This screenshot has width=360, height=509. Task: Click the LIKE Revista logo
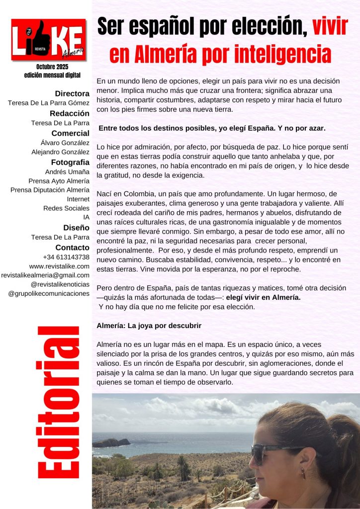tap(48, 40)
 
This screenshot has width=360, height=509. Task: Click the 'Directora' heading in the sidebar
tap(72, 93)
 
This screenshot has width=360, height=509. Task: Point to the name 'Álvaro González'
tap(65, 143)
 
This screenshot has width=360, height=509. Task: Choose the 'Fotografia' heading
tap(70, 162)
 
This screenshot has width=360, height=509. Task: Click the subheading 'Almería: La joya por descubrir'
tap(149, 326)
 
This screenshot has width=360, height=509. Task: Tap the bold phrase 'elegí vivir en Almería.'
tap(265, 297)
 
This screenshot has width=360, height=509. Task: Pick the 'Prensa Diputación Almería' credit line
tap(50, 190)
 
